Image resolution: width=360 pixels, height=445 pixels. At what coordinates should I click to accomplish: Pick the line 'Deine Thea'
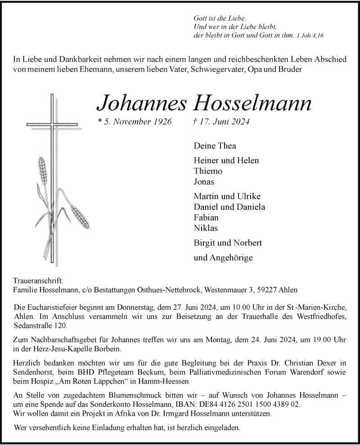point(215,146)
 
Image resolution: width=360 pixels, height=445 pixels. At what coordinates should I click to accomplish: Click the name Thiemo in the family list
point(207,171)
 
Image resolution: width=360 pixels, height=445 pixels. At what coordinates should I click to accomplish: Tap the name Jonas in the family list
point(203,182)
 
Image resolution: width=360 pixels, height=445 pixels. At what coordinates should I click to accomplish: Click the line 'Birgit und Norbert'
point(228,243)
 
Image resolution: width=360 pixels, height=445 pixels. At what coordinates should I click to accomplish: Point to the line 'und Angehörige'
point(223,258)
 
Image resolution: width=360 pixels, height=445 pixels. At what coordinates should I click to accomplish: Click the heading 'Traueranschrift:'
point(37,281)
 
